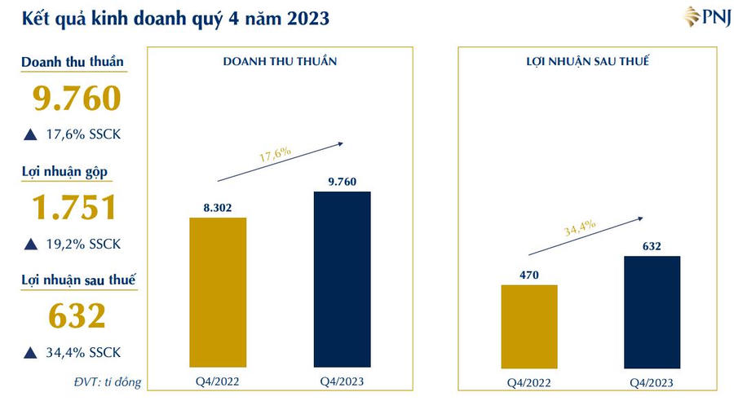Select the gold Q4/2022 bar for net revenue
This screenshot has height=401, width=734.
218,292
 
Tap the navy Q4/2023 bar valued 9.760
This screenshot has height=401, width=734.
342,279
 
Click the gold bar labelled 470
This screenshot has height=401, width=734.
529,326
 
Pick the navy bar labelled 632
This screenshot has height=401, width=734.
652,311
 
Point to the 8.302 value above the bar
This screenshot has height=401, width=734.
218,208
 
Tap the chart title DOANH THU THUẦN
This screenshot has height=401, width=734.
280,62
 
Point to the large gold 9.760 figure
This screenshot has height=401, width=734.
77,98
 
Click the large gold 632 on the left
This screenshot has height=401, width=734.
77,316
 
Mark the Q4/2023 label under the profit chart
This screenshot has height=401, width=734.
652,382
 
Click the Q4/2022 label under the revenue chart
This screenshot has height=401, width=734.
218,381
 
